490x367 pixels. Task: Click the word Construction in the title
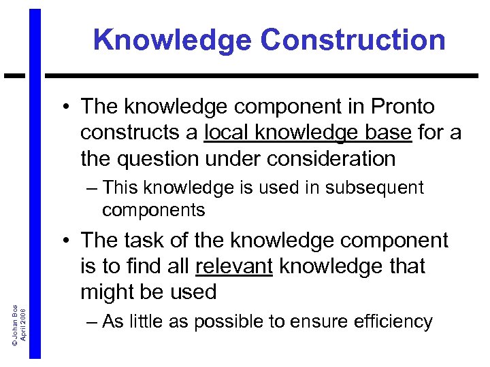tap(353, 41)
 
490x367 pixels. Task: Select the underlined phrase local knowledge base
tap(308, 133)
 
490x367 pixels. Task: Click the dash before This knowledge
tap(91, 188)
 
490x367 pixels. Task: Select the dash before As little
tap(91, 321)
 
